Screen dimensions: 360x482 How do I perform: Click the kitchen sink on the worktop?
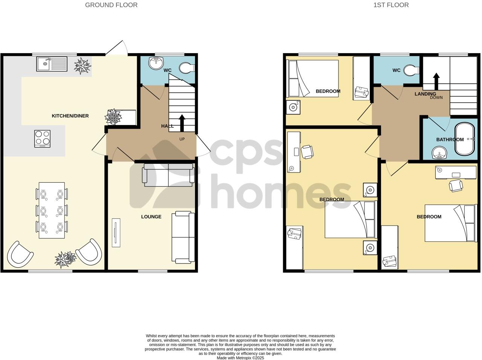[52, 64]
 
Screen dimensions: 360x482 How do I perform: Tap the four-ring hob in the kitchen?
[42, 138]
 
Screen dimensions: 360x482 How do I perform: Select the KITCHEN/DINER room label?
[70, 116]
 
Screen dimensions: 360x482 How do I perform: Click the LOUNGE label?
[151, 217]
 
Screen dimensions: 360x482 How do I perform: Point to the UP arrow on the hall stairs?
[182, 122]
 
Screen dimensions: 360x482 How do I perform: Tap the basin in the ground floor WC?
[156, 62]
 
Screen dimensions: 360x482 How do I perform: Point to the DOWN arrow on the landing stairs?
[436, 80]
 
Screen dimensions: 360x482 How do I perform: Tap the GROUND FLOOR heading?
[111, 5]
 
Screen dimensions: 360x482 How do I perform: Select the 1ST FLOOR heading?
[391, 5]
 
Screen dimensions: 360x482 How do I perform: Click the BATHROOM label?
[450, 139]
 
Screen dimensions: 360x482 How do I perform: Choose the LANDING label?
[425, 94]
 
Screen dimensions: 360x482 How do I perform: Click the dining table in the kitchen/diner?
[52, 210]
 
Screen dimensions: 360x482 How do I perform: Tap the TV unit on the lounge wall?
[116, 232]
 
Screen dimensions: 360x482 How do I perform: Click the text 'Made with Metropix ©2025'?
[240, 358]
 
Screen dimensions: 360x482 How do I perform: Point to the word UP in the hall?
[182, 139]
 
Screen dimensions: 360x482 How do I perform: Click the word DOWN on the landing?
[436, 98]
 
